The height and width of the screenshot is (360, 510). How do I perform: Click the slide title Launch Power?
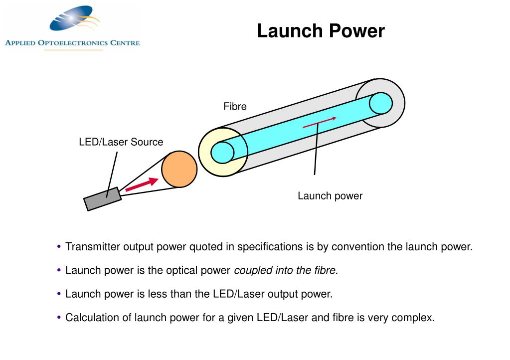pos(321,31)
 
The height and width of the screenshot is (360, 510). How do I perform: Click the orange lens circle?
pos(179,170)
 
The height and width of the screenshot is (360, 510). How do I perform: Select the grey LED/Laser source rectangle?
pos(103,199)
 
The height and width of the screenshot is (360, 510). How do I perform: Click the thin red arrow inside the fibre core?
pos(320,123)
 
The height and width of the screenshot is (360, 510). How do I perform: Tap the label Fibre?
pos(235,106)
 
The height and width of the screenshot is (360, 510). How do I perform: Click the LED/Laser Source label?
pos(121,142)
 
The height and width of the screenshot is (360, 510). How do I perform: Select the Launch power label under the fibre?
pos(330,196)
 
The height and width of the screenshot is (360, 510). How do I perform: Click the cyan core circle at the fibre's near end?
pos(222,152)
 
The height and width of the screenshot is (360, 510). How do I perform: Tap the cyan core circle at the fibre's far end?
pos(381,103)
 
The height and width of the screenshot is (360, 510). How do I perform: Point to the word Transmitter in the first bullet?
pos(93,247)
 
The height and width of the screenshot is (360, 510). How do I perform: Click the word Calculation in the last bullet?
pos(88,318)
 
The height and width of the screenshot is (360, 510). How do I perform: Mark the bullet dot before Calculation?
pos(60,317)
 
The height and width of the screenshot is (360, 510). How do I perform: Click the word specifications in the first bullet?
pos(268,247)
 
